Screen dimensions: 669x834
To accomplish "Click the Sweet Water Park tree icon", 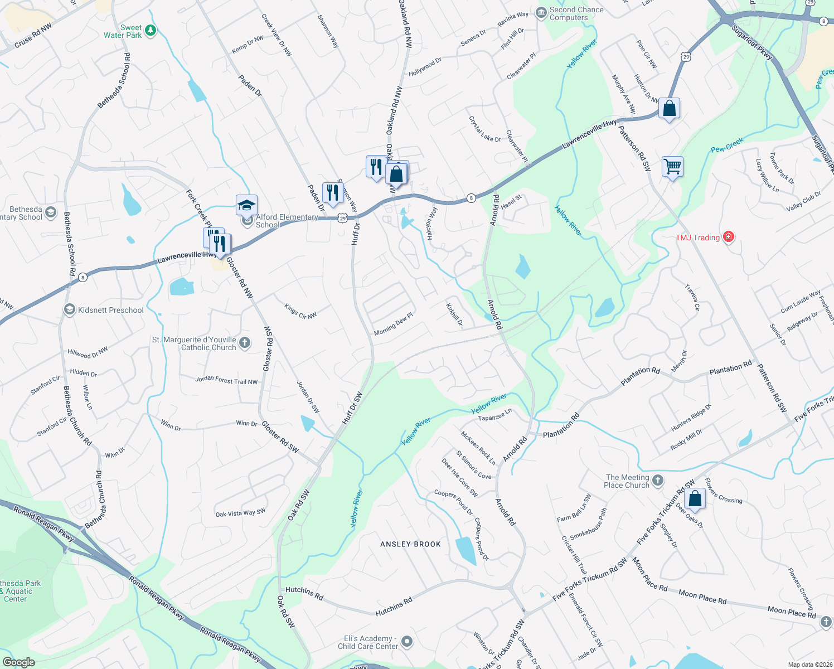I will click(x=151, y=31).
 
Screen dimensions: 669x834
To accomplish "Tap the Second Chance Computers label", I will click(x=576, y=13).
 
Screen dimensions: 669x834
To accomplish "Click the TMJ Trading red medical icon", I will click(x=728, y=237).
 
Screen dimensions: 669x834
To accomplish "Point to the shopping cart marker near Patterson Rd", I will click(x=673, y=166).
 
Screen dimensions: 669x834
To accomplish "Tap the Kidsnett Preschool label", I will click(x=110, y=310).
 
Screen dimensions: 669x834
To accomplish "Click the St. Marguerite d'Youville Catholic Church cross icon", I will click(x=245, y=343).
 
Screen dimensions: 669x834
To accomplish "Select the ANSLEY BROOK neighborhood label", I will click(x=410, y=544).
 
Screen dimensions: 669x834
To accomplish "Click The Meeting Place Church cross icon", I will click(x=658, y=481).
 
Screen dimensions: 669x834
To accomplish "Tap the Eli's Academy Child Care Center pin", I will click(x=407, y=642).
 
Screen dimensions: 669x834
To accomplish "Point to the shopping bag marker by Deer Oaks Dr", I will click(x=695, y=498).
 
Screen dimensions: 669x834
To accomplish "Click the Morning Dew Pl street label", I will click(x=394, y=324).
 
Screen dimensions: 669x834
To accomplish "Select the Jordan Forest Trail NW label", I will click(x=226, y=380).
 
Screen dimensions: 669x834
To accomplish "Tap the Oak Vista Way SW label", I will click(x=240, y=513).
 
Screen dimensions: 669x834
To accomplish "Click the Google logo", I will click(x=18, y=662).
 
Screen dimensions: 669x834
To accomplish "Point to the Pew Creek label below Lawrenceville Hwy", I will click(x=727, y=145).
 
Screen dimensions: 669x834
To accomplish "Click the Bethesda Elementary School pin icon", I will click(x=51, y=212).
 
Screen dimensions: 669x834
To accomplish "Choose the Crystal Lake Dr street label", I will click(x=484, y=129).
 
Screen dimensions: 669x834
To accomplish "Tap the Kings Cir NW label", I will click(x=300, y=311).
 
